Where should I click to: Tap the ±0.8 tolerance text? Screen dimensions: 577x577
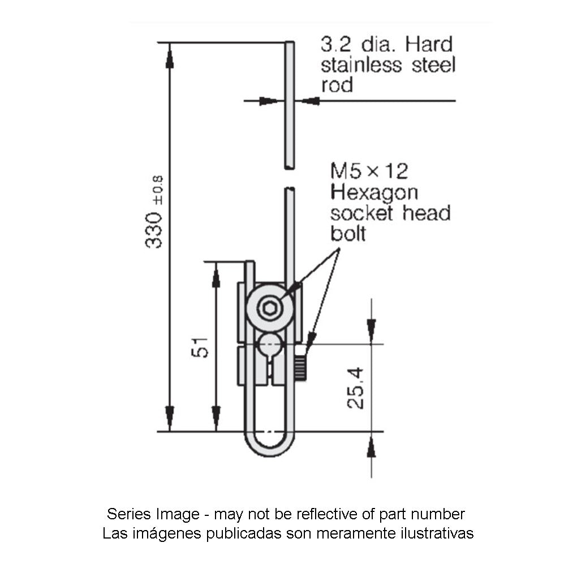coord(158,190)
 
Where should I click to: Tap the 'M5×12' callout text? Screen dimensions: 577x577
coord(369,171)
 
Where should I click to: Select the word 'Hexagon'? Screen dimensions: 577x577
coord(374,192)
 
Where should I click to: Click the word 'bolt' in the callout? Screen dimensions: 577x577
coord(348,234)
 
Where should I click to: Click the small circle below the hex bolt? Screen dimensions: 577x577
coord(269,343)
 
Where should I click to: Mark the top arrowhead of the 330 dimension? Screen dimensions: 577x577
coord(169,57)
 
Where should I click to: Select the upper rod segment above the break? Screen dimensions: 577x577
coord(289,105)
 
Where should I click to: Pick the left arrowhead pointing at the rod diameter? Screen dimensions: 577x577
coord(269,101)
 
